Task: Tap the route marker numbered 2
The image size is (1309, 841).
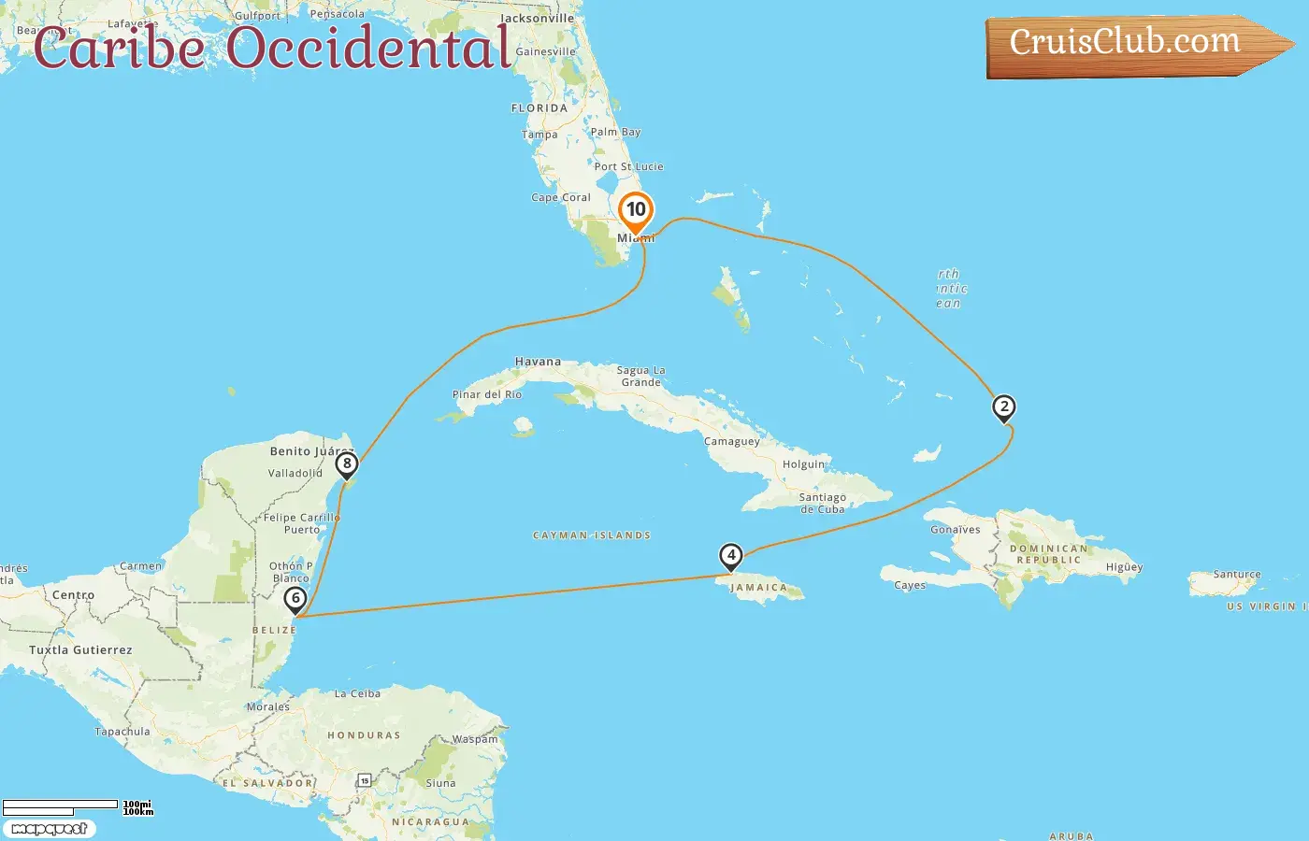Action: [x=1003, y=407]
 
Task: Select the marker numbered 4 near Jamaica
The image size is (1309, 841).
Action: [x=730, y=556]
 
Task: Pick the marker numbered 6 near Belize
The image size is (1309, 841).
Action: [x=295, y=599]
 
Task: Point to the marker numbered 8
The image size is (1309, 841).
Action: [x=347, y=463]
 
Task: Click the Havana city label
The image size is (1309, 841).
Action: [x=538, y=362]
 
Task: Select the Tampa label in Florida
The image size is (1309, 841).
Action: [x=539, y=135]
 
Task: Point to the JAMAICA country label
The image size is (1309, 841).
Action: [x=758, y=588]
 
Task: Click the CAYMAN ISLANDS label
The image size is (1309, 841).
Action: [x=591, y=535]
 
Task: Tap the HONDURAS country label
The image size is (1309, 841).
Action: [x=364, y=735]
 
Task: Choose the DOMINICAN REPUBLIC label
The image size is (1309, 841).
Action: [x=1048, y=554]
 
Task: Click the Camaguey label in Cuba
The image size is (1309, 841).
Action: [x=732, y=441]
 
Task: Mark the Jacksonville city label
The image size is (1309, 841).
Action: [x=537, y=18]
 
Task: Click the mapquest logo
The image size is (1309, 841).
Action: [x=49, y=828]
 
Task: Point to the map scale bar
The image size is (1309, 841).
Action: [x=60, y=805]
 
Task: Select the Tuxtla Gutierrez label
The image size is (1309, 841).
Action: [x=80, y=649]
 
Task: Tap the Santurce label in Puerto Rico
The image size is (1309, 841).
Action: [x=1236, y=575]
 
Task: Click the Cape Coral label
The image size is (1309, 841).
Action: [x=561, y=197]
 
